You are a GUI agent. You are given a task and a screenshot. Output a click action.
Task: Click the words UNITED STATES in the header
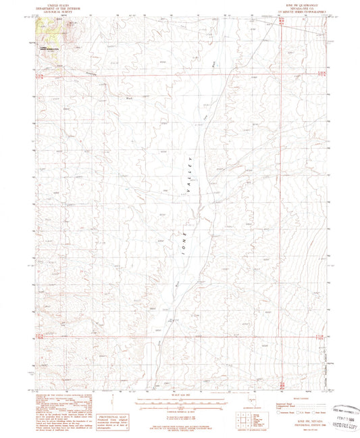coord(57,5)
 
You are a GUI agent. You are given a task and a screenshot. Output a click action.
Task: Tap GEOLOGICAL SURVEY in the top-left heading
coord(57,11)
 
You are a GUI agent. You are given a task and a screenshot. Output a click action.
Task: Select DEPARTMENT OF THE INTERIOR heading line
coord(57,8)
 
